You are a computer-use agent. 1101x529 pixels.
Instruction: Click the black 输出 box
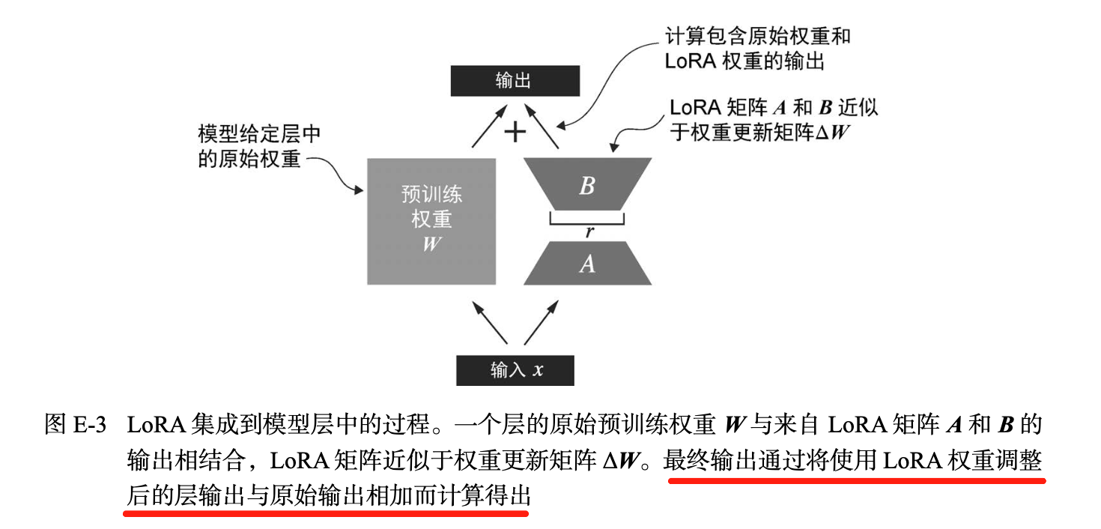[515, 81]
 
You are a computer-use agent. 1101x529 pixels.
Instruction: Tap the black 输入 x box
[515, 370]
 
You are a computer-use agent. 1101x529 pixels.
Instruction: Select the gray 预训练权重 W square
[431, 221]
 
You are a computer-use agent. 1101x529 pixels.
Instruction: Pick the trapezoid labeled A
[587, 264]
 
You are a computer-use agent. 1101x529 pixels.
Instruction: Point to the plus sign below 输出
[515, 132]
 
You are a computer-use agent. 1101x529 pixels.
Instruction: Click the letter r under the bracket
[589, 232]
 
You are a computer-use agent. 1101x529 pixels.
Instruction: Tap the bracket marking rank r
[586, 219]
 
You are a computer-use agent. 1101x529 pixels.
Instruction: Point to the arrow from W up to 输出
[486, 126]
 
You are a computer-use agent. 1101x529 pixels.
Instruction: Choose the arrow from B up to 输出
[544, 126]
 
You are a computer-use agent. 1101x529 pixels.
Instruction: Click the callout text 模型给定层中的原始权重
[258, 147]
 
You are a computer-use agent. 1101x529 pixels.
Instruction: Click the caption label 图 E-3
[76, 425]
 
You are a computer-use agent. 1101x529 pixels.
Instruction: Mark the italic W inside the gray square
[431, 244]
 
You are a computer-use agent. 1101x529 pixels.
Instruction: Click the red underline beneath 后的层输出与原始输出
[326, 514]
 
